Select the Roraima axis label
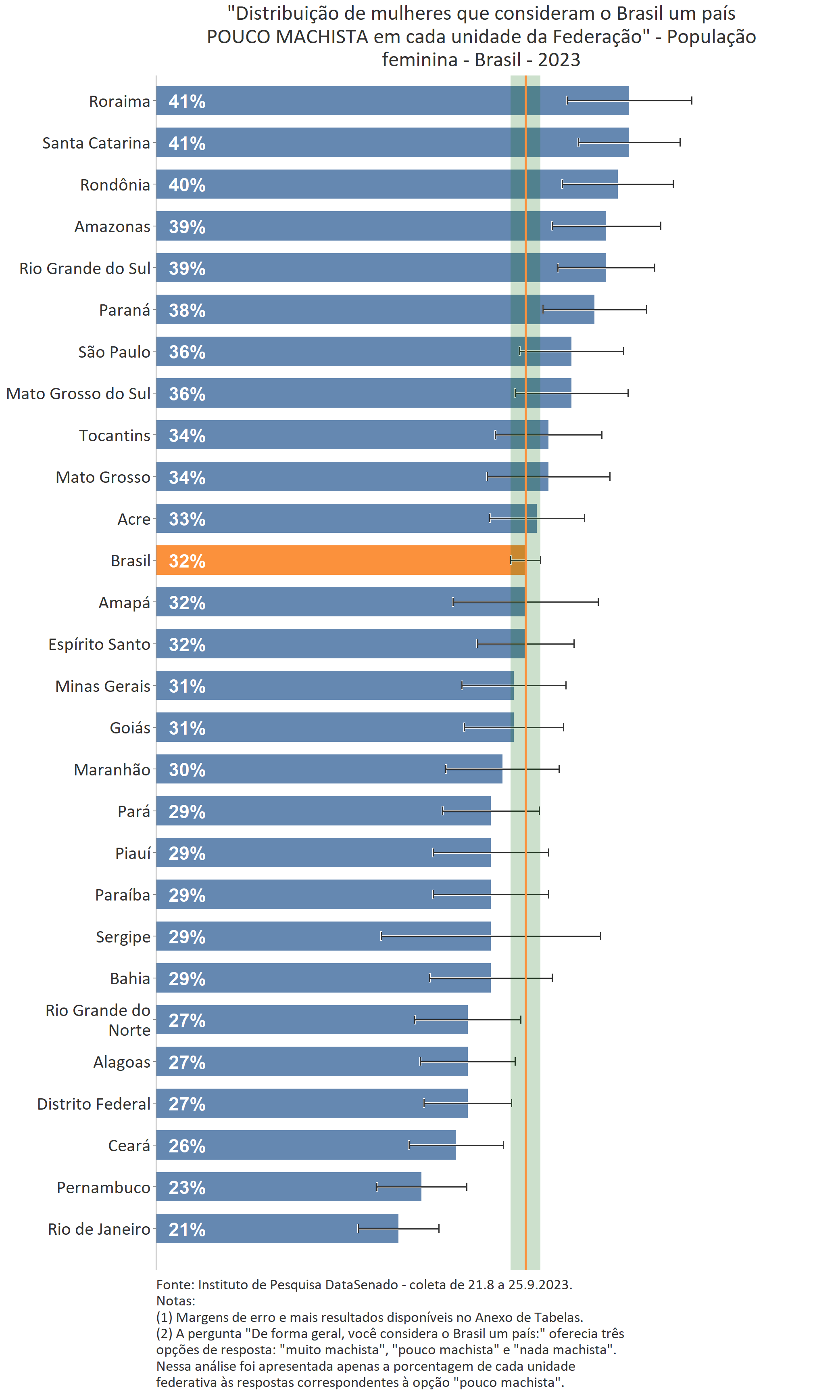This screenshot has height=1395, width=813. tap(119, 101)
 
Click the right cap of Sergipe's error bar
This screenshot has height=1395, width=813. tap(600, 936)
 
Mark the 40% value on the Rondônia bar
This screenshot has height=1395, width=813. tap(187, 185)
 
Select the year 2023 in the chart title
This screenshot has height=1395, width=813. tap(559, 60)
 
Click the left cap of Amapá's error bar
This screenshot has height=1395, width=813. tap(453, 602)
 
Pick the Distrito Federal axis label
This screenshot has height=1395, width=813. tap(94, 1104)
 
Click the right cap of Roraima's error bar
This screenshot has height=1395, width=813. tap(691, 100)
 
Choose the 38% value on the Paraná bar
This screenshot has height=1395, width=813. tap(187, 310)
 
